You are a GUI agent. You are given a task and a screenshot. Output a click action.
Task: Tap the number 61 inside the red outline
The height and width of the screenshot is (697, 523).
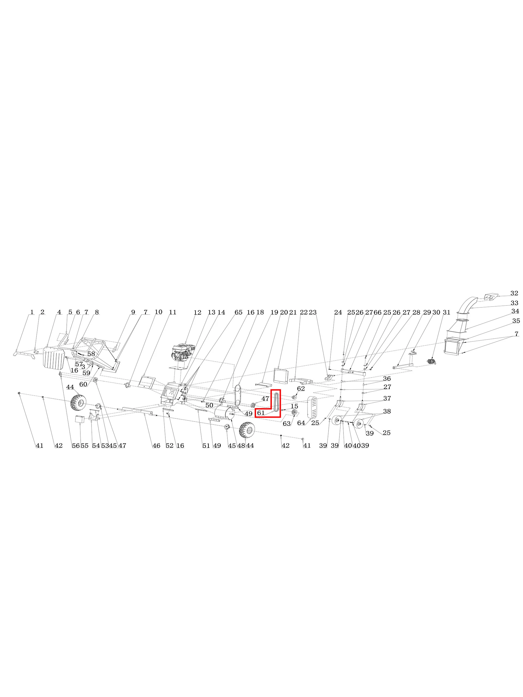[261, 413]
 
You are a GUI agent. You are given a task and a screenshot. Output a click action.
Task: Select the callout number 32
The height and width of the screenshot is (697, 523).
[514, 293]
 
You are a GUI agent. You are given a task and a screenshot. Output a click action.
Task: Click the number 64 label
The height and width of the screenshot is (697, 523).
[301, 423]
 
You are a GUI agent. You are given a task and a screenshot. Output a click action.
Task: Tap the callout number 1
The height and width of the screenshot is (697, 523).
[32, 312]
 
